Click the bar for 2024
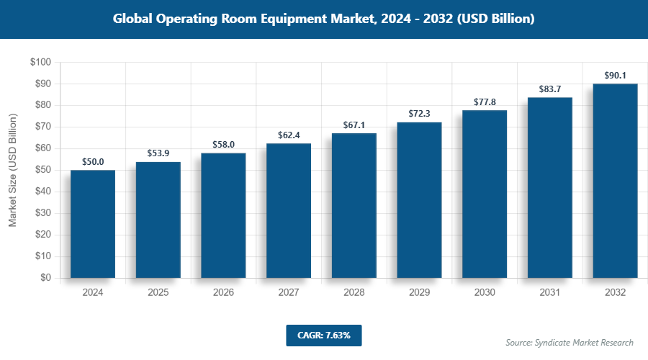(x=93, y=224)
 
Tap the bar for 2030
(x=485, y=194)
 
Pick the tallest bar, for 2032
(x=615, y=181)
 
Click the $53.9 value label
(x=158, y=153)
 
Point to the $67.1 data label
(x=354, y=125)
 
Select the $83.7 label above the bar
(x=550, y=89)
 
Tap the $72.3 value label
(x=419, y=114)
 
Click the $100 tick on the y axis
(x=40, y=63)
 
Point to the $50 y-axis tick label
(x=42, y=170)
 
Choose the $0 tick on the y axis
(x=45, y=278)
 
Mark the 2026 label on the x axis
(x=223, y=293)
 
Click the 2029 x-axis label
(x=419, y=293)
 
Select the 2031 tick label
(x=550, y=293)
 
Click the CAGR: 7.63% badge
(x=323, y=335)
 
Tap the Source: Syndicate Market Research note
(x=570, y=342)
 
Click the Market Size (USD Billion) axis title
(x=12, y=170)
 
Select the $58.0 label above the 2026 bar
(x=223, y=145)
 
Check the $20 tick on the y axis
(x=42, y=235)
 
